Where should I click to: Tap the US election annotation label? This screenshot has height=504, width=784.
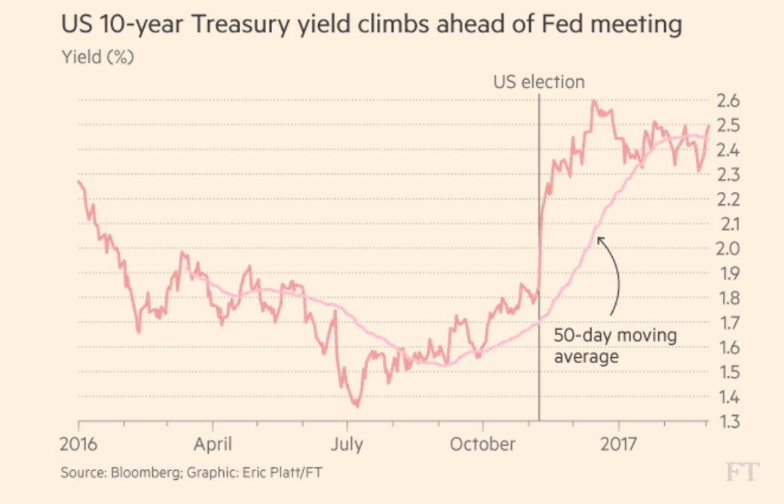pyautogui.click(x=539, y=81)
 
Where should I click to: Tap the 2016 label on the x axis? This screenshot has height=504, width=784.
pyautogui.click(x=78, y=443)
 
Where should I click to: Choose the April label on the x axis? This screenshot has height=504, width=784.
pyautogui.click(x=213, y=443)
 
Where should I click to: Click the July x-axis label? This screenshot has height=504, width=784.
pyautogui.click(x=347, y=443)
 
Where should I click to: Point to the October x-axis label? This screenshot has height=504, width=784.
pyautogui.click(x=482, y=443)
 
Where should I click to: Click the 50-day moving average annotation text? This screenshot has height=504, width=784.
pyautogui.click(x=615, y=345)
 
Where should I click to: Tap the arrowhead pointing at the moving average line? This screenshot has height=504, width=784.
pyautogui.click(x=599, y=240)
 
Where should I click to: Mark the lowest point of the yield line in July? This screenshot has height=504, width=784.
pyautogui.click(x=356, y=406)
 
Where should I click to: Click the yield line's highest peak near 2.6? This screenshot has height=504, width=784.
pyautogui.click(x=594, y=101)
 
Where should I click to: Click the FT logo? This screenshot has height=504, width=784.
pyautogui.click(x=742, y=472)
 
